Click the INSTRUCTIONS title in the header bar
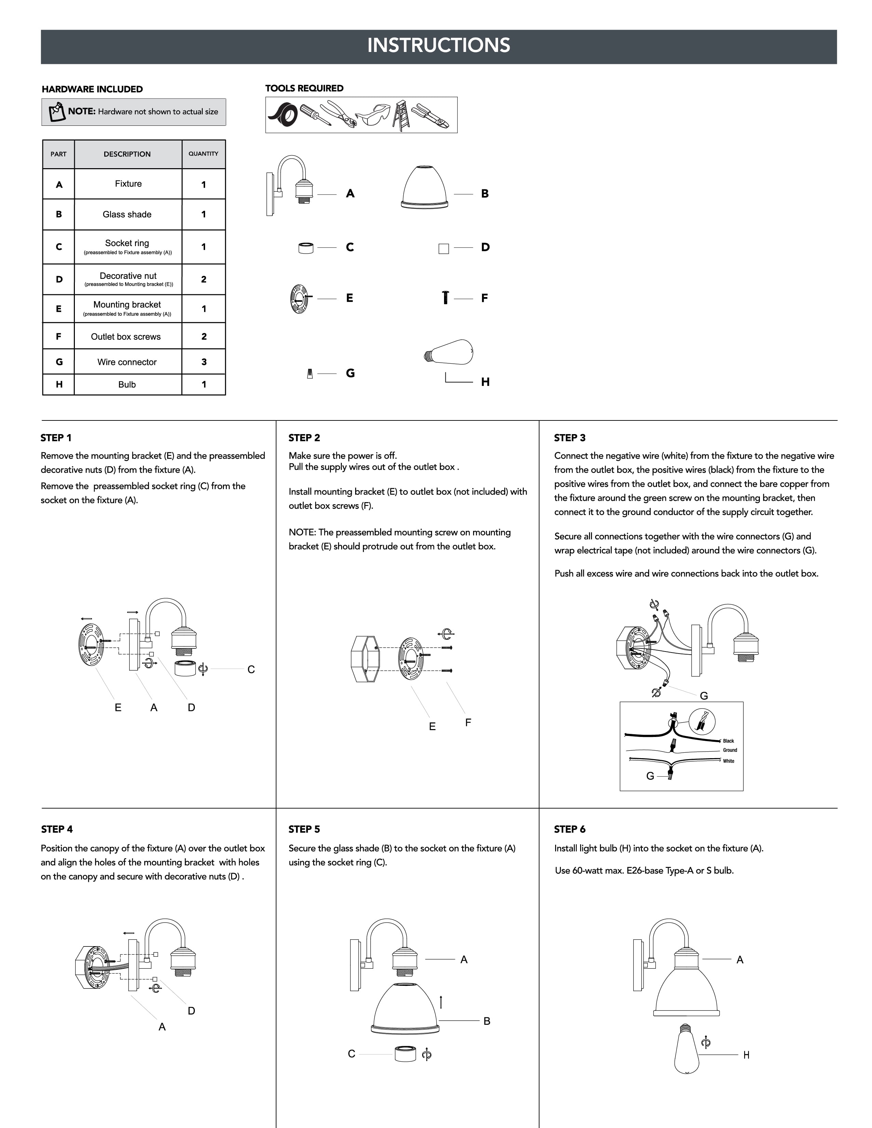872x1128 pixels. [x=439, y=45]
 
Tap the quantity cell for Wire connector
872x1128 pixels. [x=203, y=362]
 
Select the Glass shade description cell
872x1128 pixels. [x=128, y=214]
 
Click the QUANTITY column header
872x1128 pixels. [x=203, y=154]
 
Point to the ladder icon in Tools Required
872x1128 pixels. [x=401, y=115]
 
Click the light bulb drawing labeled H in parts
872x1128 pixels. [x=448, y=352]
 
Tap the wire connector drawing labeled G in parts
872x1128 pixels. [x=310, y=373]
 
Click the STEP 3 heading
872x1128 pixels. [x=570, y=438]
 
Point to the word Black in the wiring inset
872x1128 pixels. [x=728, y=741]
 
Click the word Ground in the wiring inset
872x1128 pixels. [x=730, y=750]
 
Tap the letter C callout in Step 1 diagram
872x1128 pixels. [x=251, y=669]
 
